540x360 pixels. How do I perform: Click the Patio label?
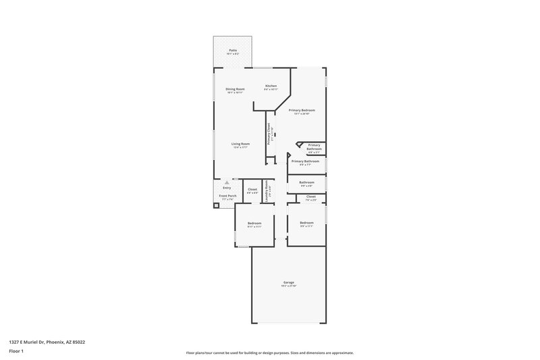[233, 50]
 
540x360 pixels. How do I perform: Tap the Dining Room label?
[235, 89]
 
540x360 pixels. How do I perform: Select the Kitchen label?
[271, 86]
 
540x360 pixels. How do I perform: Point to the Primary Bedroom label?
[302, 110]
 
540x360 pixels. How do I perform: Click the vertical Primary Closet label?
[269, 134]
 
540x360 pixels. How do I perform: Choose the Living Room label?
[241, 143]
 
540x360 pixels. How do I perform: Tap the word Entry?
[227, 187]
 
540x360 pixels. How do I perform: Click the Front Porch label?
[227, 196]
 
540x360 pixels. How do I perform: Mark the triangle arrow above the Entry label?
[227, 182]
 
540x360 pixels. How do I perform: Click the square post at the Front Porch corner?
[217, 205]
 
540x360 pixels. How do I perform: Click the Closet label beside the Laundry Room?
[252, 189]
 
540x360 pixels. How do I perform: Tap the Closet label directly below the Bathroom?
[310, 197]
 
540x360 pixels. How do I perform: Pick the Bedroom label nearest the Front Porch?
[254, 223]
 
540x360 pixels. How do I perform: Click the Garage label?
[288, 282]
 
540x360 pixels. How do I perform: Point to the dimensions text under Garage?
[288, 286]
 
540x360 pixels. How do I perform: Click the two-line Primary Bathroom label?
[314, 147]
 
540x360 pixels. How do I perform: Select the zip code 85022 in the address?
[78, 342]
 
